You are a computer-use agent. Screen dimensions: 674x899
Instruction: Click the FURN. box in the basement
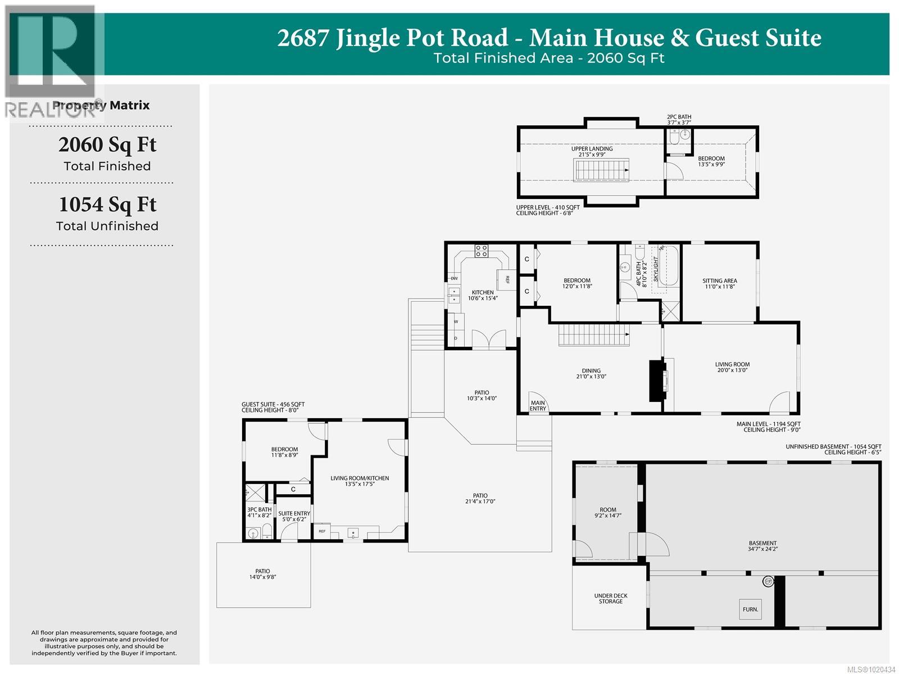tap(750, 609)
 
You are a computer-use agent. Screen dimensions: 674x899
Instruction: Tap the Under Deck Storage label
tap(610, 599)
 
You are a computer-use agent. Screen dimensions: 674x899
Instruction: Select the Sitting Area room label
tap(719, 283)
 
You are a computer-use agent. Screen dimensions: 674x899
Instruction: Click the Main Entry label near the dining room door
tap(538, 405)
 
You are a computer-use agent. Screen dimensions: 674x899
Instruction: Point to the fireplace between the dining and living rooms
tap(656, 381)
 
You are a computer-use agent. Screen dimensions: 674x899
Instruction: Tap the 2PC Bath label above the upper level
tap(678, 119)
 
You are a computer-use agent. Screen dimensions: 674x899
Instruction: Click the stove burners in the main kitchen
tap(481, 251)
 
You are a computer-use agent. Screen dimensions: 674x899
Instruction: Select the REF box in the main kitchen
tap(506, 279)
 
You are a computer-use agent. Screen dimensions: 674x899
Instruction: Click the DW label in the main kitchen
tap(454, 278)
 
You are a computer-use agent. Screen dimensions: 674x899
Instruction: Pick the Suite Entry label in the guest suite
tap(294, 516)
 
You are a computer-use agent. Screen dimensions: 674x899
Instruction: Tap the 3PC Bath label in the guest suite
tap(259, 512)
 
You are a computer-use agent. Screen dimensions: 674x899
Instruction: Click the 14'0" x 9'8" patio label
tap(262, 574)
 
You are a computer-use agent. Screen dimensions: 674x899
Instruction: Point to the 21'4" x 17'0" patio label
tap(480, 499)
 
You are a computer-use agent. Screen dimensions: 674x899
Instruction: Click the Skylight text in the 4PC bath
tap(656, 269)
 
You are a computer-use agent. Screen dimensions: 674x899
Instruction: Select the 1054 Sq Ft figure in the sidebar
tap(107, 205)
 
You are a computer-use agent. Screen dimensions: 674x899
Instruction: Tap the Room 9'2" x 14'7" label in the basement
tap(607, 512)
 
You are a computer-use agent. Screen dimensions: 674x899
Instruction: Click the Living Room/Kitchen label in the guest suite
tap(360, 481)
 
